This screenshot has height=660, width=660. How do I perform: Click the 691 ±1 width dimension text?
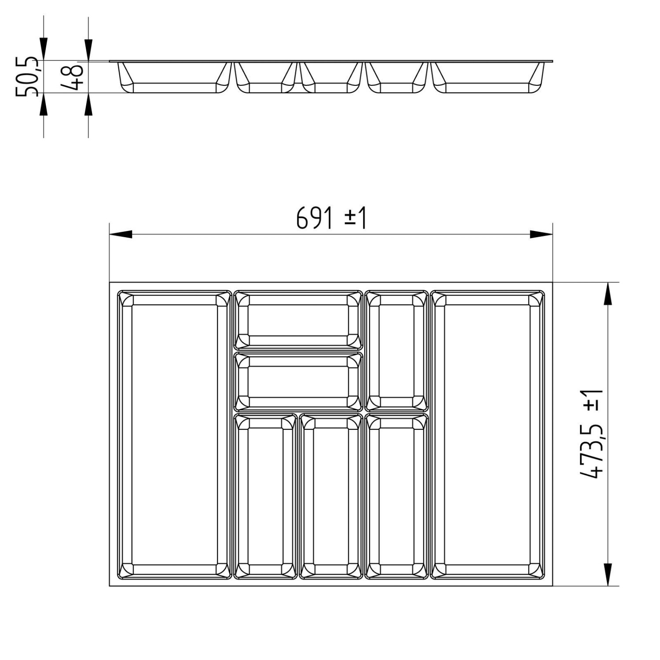coord(331,218)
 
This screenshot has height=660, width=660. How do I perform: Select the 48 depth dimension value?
coord(71,77)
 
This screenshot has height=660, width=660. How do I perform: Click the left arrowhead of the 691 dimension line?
coord(121,235)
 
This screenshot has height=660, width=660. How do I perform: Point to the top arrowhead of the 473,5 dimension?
coord(608,293)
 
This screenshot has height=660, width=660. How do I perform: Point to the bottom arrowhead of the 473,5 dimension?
coord(608,575)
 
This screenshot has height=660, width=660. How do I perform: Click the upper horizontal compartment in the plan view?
coord(298,320)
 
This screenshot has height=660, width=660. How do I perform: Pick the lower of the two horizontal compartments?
coord(298,381)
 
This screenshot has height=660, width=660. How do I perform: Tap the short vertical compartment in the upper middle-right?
coord(396,351)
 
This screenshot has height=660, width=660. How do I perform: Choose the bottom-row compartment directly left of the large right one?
coord(396,496)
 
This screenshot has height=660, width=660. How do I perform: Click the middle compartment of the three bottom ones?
coord(331,496)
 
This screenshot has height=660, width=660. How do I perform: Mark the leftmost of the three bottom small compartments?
coord(265,496)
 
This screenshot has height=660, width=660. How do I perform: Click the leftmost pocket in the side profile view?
coord(174,78)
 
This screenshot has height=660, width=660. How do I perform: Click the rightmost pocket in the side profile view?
coord(487,78)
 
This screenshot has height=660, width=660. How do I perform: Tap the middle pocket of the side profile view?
coord(331,78)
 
